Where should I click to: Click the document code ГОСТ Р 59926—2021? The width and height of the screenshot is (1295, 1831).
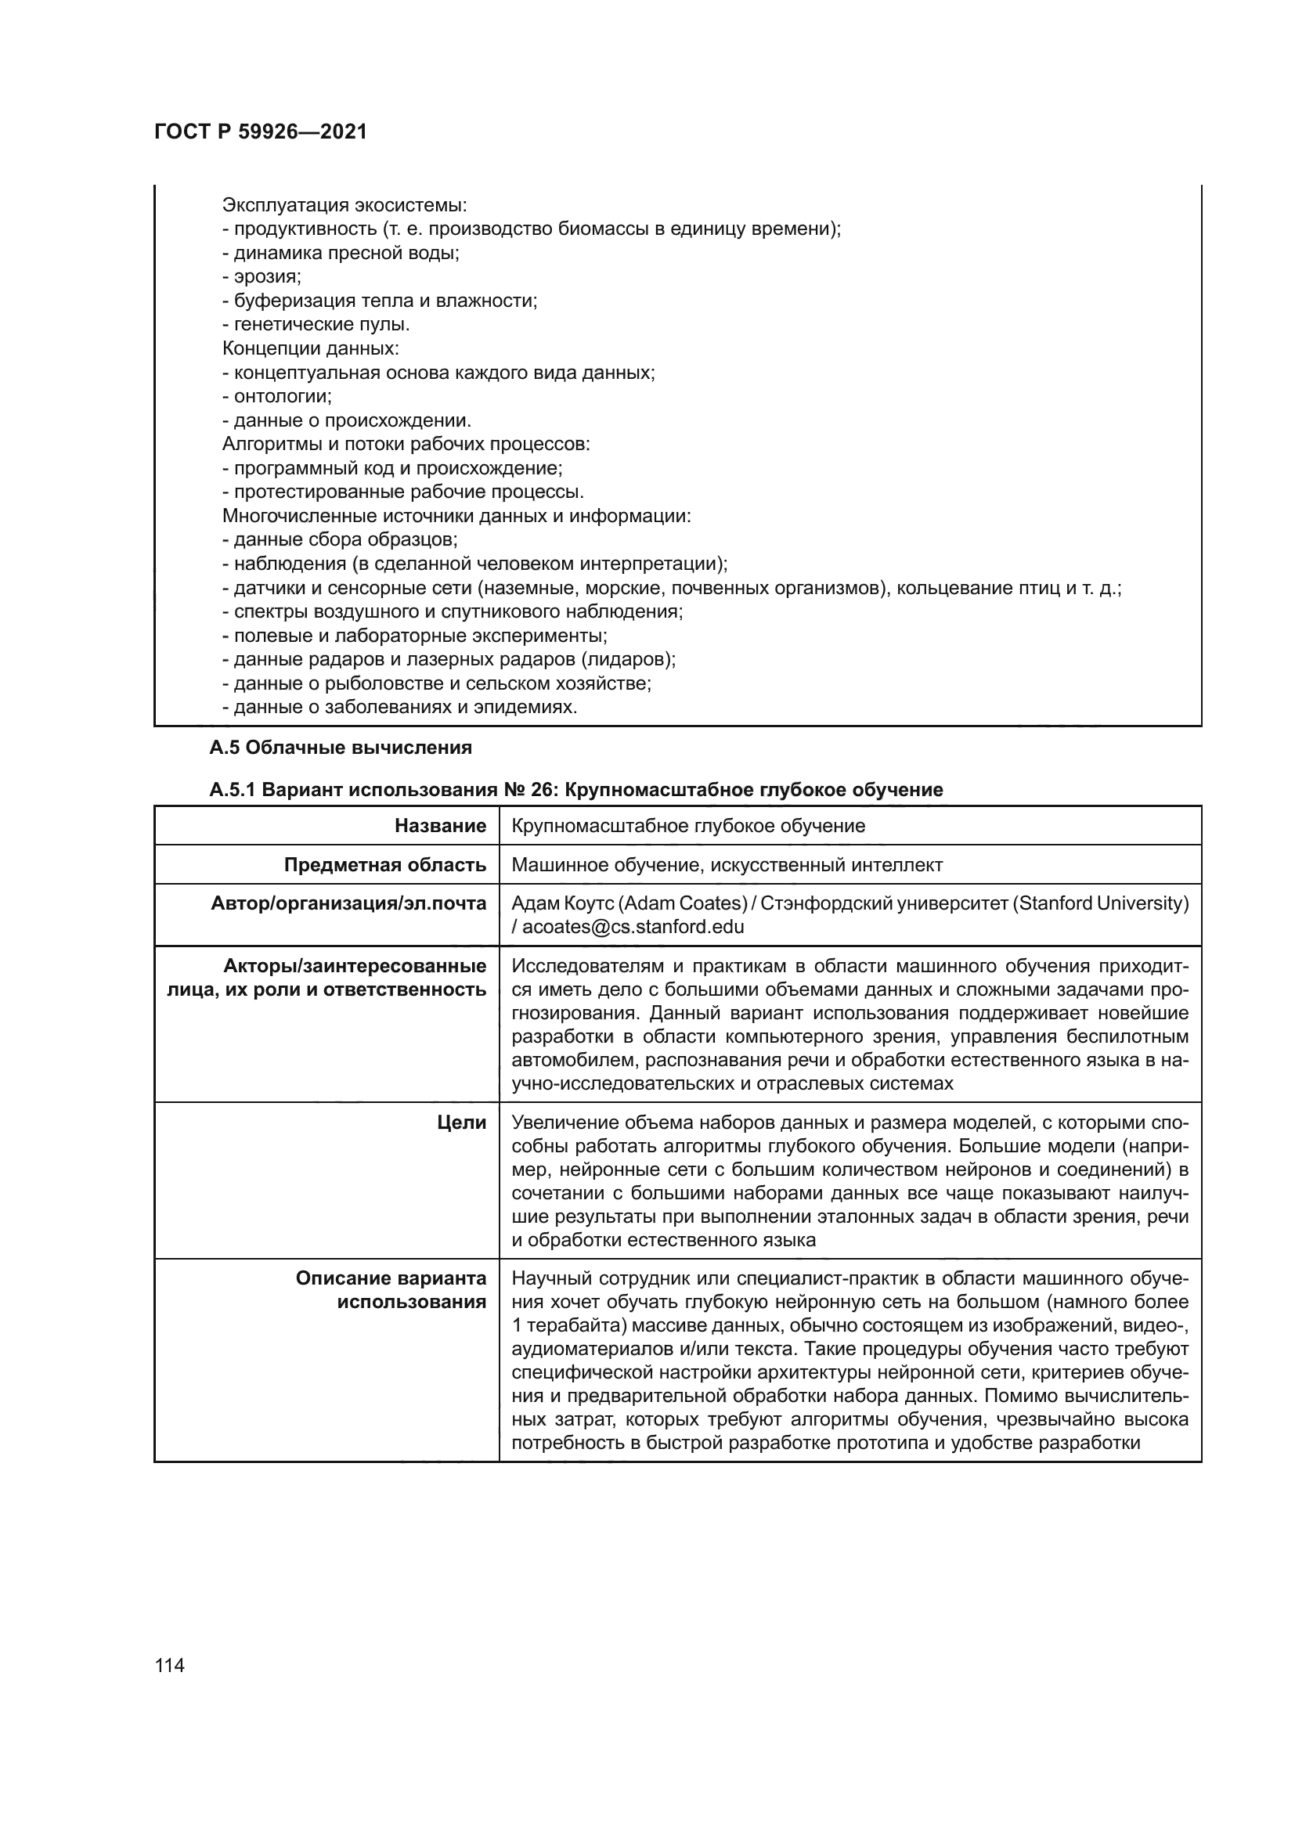[x=261, y=132]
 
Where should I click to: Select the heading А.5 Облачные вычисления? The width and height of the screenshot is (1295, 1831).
[x=341, y=748]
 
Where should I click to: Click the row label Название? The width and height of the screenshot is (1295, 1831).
[x=440, y=825]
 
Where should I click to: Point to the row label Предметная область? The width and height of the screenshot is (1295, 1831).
[x=385, y=864]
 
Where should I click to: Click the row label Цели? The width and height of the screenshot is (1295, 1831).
[x=462, y=1123]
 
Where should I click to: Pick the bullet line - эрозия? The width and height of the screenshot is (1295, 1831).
[x=262, y=276]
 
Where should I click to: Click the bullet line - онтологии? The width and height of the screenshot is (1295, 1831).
[x=276, y=396]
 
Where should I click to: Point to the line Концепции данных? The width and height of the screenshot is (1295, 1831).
[x=310, y=348]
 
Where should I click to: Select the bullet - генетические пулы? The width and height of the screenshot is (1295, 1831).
[x=316, y=325]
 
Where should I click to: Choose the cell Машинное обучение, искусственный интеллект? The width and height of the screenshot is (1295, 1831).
[x=727, y=864]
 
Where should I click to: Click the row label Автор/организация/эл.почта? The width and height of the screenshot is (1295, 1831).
[x=348, y=903]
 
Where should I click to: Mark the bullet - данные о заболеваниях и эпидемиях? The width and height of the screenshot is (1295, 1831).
[x=399, y=708]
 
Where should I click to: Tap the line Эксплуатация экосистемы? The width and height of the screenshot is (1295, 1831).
[x=344, y=205]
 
